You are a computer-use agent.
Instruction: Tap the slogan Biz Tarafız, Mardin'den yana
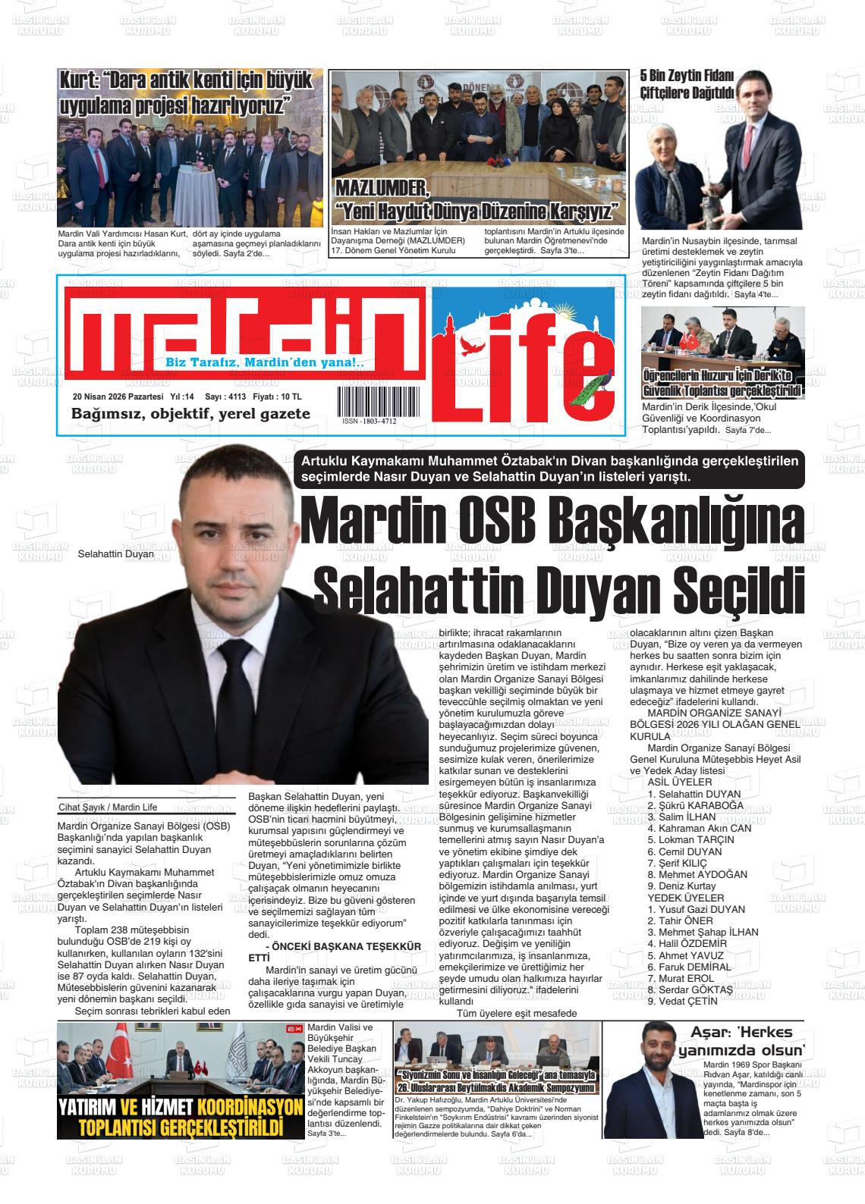[265, 362]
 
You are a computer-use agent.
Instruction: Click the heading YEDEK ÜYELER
[675, 898]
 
